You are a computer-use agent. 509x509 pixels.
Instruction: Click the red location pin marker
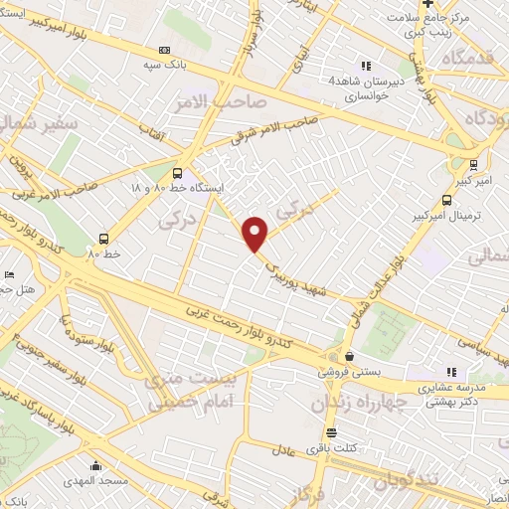256,234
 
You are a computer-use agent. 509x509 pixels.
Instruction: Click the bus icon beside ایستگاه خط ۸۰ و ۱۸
178,171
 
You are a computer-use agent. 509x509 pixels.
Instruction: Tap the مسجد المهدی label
94,481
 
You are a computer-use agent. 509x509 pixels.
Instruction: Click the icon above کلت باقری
330,433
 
